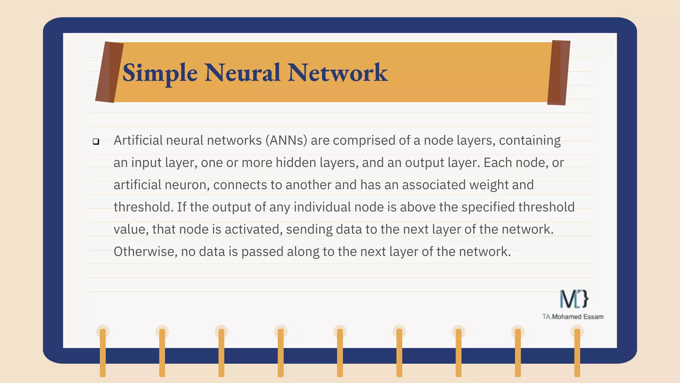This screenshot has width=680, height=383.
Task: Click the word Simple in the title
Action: (x=160, y=73)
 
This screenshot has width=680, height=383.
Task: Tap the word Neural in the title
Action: (x=242, y=73)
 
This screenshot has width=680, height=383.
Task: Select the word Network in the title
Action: (x=337, y=73)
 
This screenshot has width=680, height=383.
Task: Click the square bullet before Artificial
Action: (x=96, y=142)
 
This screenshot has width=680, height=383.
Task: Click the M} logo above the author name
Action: (x=574, y=299)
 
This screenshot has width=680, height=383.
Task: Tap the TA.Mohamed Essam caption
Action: (x=573, y=317)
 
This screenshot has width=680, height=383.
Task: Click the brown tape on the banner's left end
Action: (x=109, y=72)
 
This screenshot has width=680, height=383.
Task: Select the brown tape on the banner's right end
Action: (x=559, y=73)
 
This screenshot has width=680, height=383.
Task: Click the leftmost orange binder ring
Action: (x=103, y=352)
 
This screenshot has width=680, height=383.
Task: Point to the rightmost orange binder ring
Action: (x=577, y=352)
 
